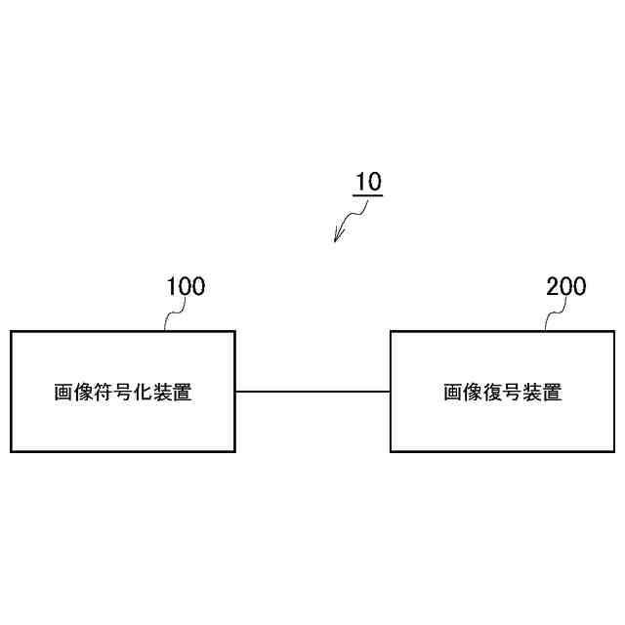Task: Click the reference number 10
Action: point(368,182)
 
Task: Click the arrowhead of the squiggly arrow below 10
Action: point(337,237)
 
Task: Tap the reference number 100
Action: point(186,286)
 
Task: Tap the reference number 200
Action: point(566,286)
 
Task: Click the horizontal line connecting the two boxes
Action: point(312,392)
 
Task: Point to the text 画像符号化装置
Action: point(122,393)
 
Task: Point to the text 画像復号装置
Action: point(503,393)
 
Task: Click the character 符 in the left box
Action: point(103,393)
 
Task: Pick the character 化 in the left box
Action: point(142,393)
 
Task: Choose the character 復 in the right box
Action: point(493,393)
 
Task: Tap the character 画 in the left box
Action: point(63,393)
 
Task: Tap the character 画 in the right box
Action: point(454,393)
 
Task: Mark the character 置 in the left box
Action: point(182,393)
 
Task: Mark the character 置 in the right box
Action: point(553,393)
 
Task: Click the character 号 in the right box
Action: point(513,393)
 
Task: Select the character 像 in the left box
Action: point(83,393)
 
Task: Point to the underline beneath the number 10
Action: point(368,195)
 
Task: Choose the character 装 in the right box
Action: point(532,393)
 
